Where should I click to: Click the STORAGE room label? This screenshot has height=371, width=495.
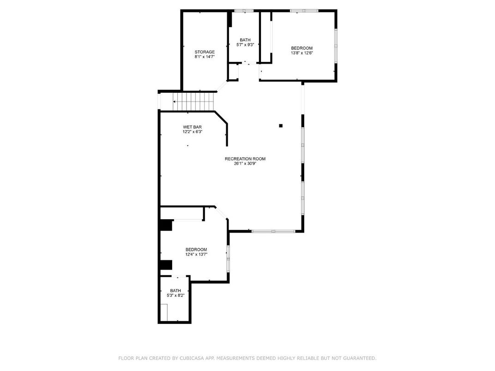204,52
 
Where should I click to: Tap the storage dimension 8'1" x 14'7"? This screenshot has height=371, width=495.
204,57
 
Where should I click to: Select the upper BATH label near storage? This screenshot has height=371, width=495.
245,40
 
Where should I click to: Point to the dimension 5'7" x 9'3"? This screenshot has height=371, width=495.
245,45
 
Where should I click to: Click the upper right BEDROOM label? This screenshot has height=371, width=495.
302,48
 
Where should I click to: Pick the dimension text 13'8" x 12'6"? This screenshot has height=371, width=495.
302,53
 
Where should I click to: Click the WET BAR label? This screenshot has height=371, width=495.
192,127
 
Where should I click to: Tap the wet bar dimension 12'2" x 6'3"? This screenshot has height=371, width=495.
192,132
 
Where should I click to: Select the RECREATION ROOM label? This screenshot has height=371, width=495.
245,159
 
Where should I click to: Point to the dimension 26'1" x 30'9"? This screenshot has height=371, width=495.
245,164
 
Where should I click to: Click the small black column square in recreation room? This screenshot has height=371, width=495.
280,125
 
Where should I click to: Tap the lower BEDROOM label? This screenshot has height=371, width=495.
196,249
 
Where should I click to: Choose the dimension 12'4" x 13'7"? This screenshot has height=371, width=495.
196,254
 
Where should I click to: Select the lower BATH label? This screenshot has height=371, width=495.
175,290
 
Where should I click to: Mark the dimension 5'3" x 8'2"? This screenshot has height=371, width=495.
175,295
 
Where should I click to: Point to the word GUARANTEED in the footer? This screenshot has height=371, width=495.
358,358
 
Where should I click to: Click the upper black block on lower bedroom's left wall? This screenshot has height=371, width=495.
166,225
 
